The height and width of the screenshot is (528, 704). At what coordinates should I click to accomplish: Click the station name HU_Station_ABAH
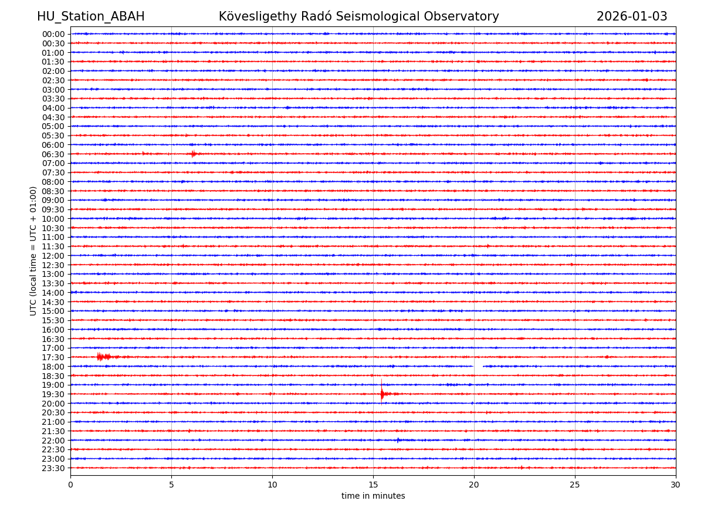[x=90, y=17]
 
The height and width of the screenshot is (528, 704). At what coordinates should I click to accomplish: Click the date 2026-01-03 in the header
[x=632, y=17]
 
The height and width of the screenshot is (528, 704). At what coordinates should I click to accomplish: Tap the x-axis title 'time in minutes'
[x=373, y=496]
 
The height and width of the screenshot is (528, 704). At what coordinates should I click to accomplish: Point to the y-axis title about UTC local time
[x=33, y=251]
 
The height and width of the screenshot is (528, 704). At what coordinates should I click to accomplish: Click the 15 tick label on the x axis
[x=373, y=485]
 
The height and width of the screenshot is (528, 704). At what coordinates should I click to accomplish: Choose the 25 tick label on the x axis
[x=575, y=485]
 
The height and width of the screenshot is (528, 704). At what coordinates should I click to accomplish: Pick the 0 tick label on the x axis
[x=70, y=485]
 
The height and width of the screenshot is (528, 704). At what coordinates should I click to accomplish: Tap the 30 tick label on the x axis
[x=676, y=485]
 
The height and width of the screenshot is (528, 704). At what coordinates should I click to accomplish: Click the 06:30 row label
[x=53, y=154]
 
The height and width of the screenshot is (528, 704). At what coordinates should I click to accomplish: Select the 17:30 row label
[x=53, y=357]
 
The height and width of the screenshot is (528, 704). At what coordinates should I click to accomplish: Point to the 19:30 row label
[x=53, y=394]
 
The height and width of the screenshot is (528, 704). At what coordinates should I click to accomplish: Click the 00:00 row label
[x=53, y=34]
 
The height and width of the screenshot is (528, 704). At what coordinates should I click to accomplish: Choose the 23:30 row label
[x=53, y=468]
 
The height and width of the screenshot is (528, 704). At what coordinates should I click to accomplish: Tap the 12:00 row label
[x=53, y=256]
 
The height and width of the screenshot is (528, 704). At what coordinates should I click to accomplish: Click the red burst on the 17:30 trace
[x=101, y=357]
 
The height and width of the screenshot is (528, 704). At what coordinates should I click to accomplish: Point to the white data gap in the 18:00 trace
[x=478, y=366]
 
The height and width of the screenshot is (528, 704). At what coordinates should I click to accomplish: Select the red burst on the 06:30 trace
[x=193, y=154]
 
